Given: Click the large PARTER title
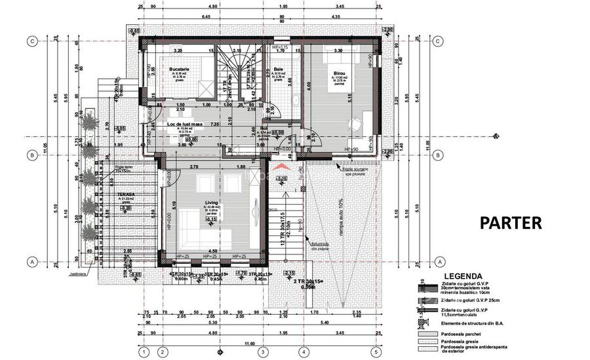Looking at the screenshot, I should click(511, 222).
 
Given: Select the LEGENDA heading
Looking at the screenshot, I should click(463, 276).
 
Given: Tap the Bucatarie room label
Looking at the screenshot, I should click(179, 69).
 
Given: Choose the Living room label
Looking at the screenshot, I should click(211, 203).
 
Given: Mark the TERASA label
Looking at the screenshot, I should click(126, 195).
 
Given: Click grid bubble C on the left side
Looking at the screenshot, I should click(31, 41).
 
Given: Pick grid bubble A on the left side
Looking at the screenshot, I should click(31, 261).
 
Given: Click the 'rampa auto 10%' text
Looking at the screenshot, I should click(340, 216).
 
